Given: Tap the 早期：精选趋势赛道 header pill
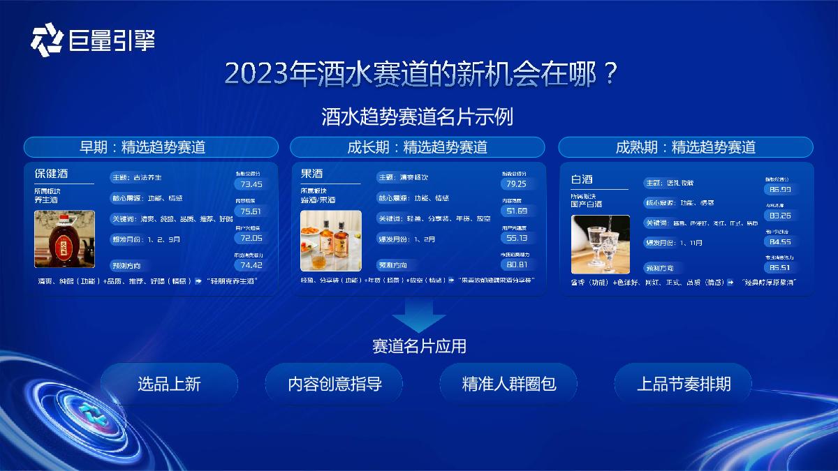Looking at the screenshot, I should coord(151,147).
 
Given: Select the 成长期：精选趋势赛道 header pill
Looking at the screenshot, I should coord(417,147).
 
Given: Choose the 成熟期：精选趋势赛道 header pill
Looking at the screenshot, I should coord(686,147).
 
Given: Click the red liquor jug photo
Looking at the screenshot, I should coord(64,239).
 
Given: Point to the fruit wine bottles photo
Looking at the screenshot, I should coord(331,241).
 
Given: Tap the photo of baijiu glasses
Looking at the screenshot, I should coord(601,244).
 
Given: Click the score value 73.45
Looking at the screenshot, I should coord(251,185).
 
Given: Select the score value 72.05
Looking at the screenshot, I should coord(251,238).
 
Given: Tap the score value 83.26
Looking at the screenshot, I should coord(780,216).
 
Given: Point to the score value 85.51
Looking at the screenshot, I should coord(780,268).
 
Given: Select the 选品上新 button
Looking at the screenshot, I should coord(169,384).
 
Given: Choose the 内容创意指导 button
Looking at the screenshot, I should coord(335,384).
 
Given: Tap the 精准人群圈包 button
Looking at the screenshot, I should coord(509,384).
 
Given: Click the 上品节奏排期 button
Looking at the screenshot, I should coord(684,384).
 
